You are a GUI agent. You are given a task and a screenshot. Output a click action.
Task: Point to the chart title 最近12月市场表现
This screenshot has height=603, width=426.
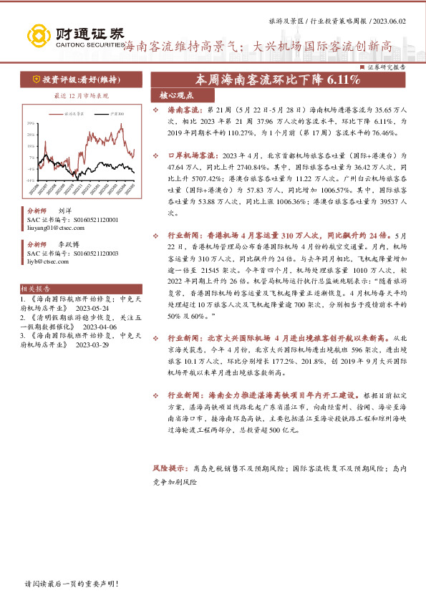(81, 95)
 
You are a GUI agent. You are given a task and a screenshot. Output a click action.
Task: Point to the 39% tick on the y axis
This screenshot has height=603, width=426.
(31, 122)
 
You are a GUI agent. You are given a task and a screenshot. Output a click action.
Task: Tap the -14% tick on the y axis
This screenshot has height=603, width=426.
(30, 180)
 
